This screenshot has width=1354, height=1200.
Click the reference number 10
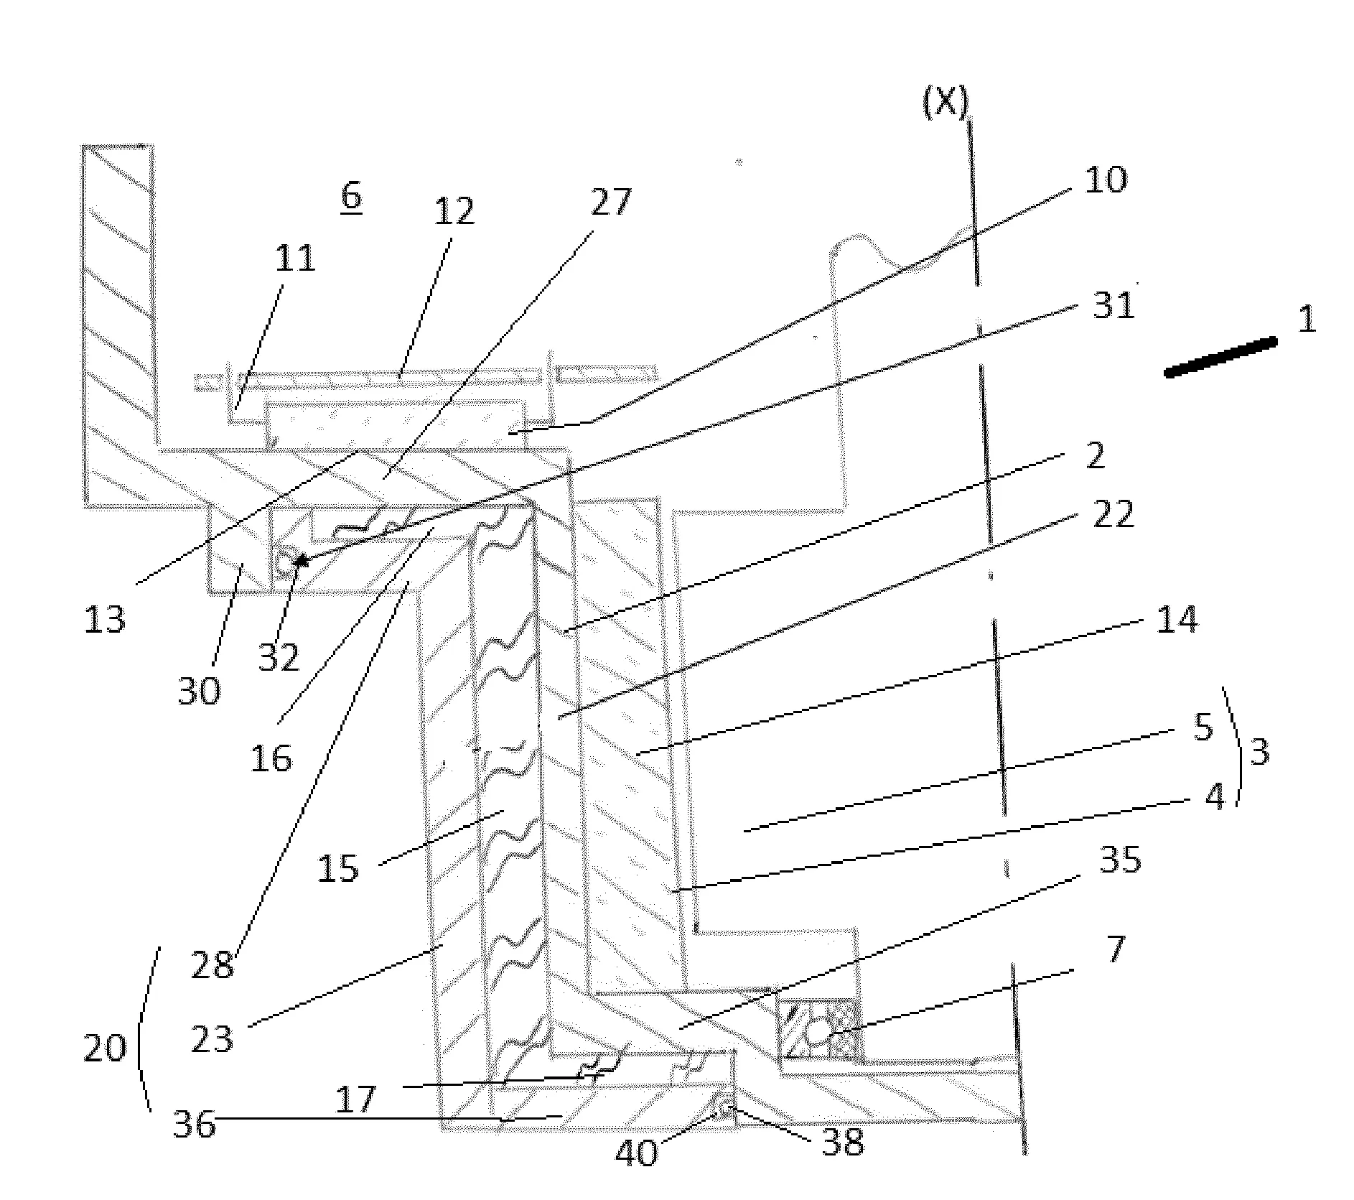[1105, 180]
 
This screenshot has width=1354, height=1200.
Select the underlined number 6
[351, 197]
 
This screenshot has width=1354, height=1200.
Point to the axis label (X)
[945, 103]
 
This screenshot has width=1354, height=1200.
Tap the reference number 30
[199, 692]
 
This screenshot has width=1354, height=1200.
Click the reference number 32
[279, 656]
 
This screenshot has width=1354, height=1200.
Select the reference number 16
[271, 758]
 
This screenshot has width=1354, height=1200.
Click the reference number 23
[213, 1039]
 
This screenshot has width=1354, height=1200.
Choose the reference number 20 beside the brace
[106, 1049]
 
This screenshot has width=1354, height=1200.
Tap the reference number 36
[195, 1125]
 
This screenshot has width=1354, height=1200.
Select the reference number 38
[843, 1142]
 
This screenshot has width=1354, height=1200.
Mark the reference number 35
[1120, 859]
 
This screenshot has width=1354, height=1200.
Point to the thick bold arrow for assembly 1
[1220, 356]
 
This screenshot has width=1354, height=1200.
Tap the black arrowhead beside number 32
[302, 559]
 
